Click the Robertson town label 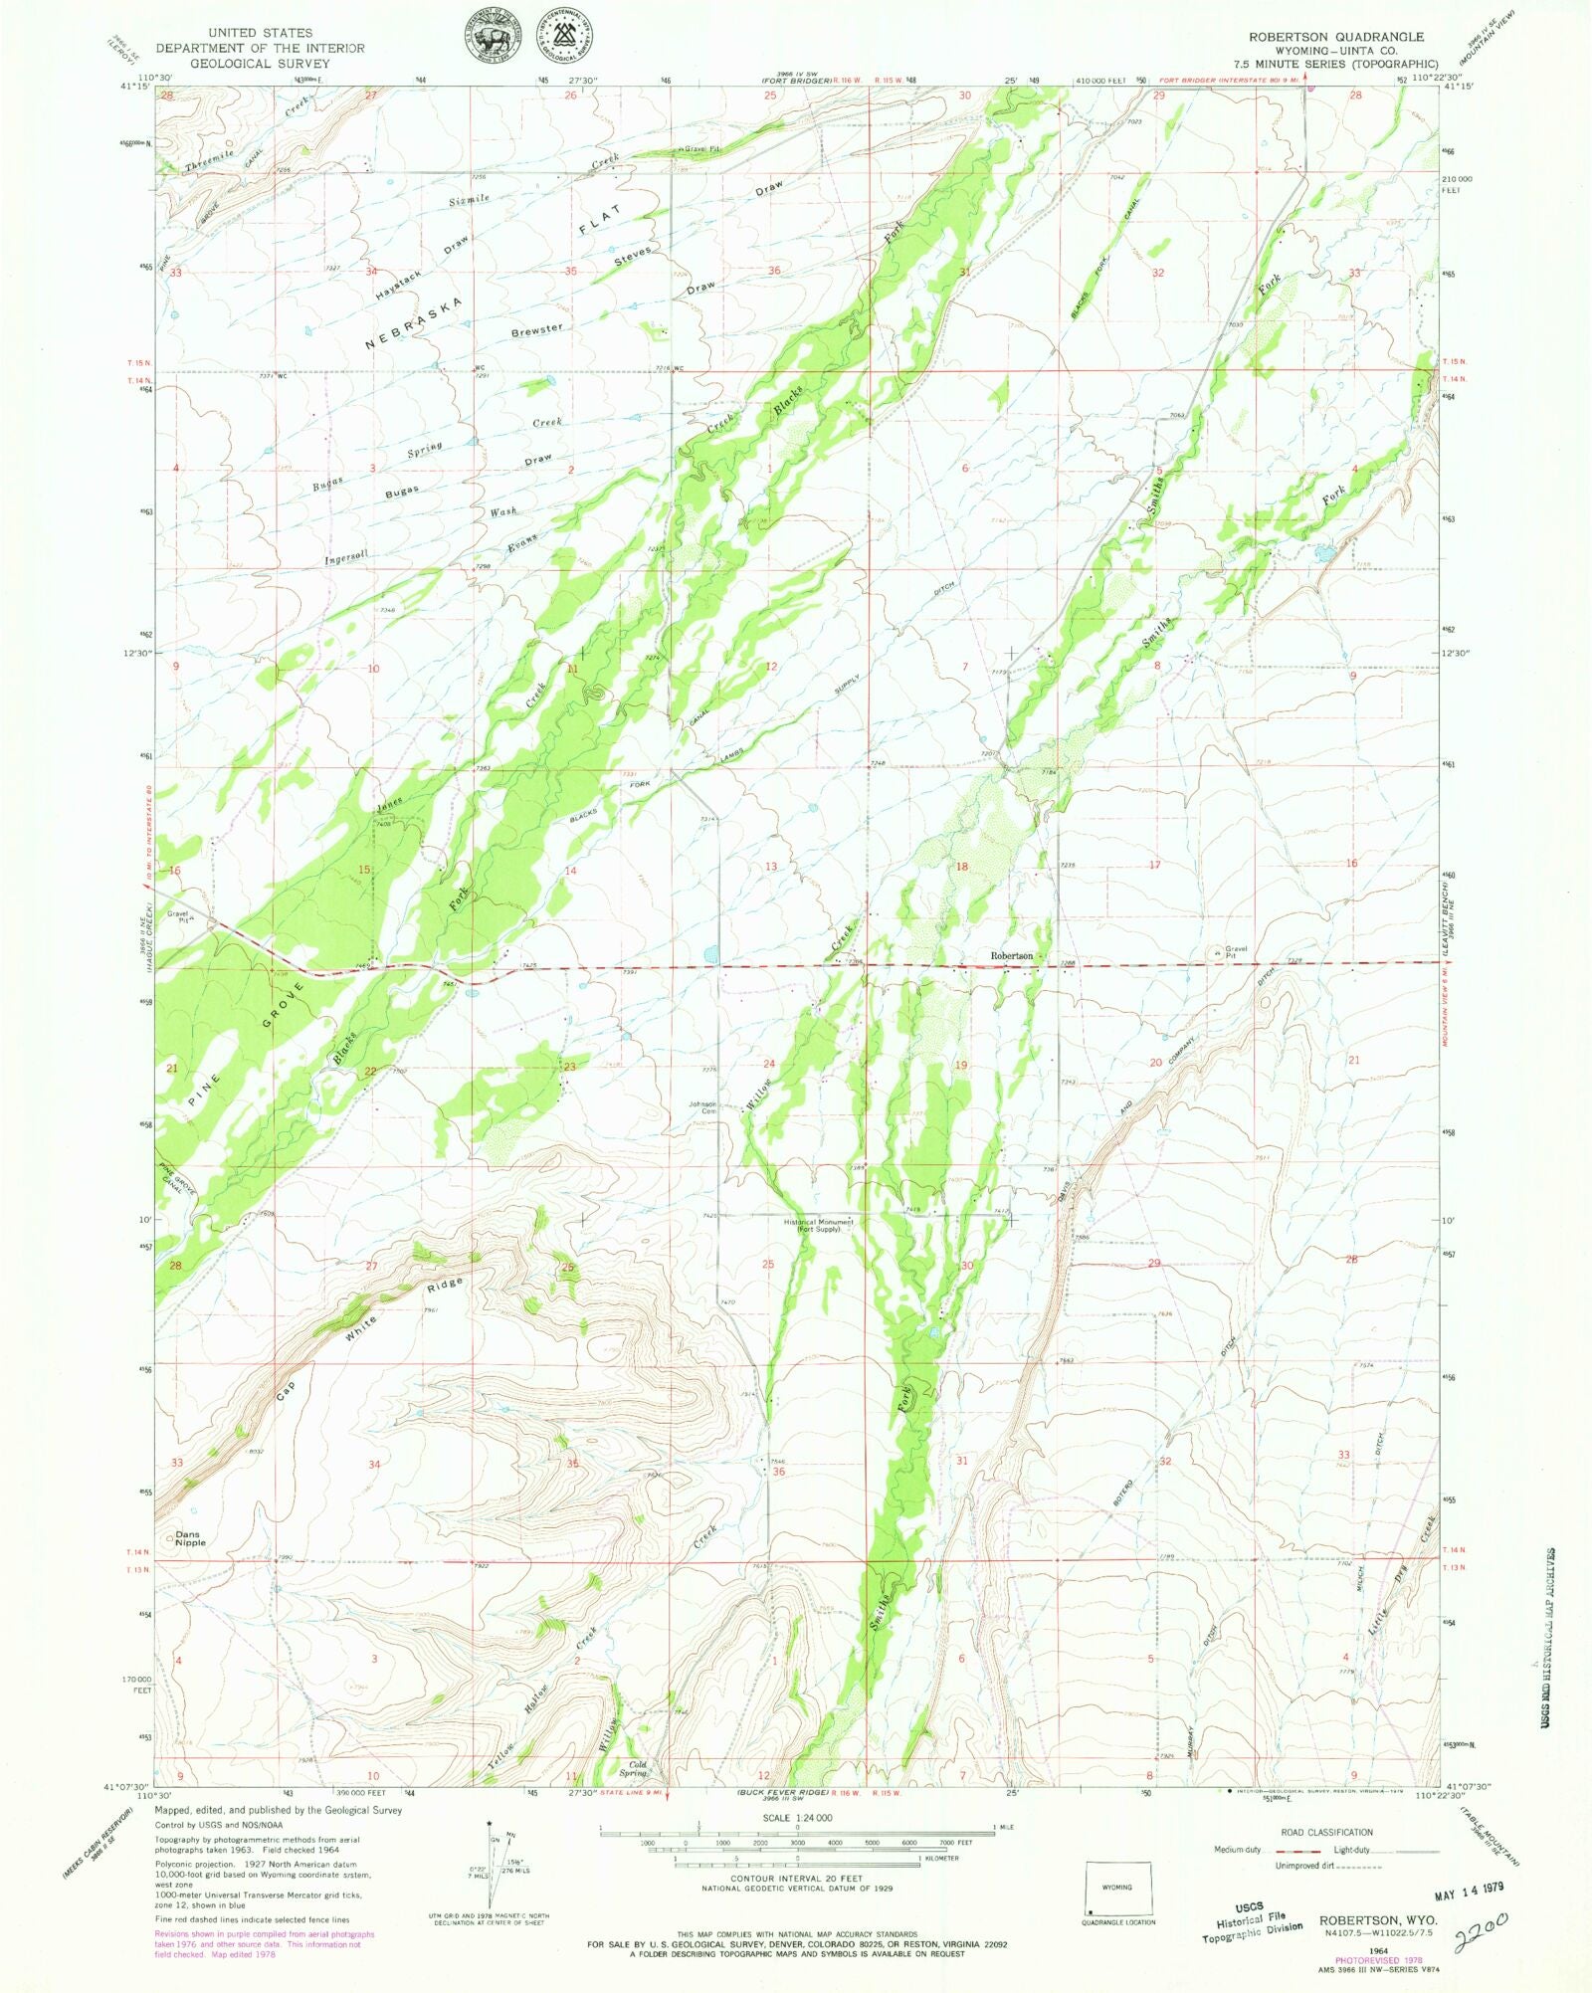point(1011,955)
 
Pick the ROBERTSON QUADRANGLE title point(1335,36)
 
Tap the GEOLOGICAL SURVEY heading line point(259,63)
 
